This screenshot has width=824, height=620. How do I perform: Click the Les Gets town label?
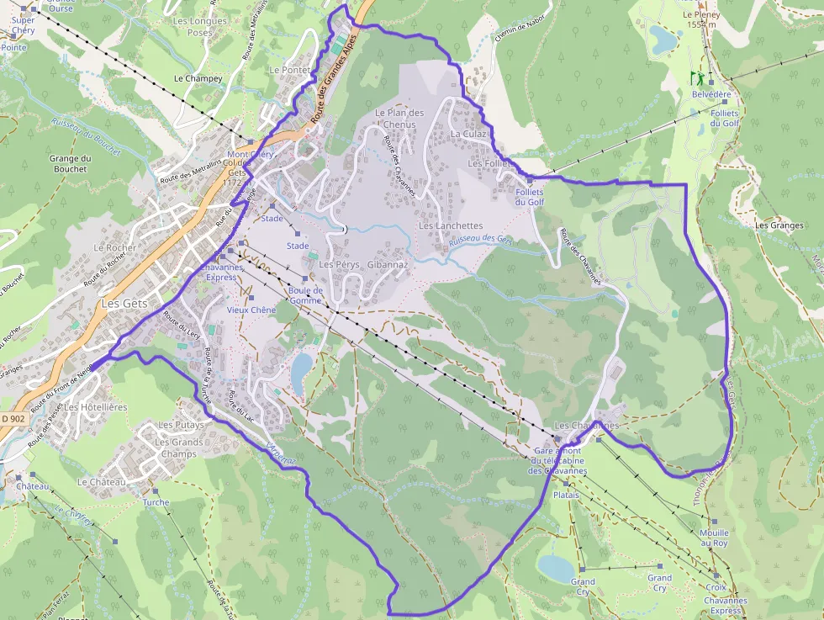pyautogui.click(x=124, y=303)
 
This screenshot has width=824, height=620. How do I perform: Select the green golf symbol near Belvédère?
pyautogui.click(x=696, y=78)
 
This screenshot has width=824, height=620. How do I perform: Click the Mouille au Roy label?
pyautogui.click(x=714, y=538)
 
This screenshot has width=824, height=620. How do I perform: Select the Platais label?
pyautogui.click(x=566, y=495)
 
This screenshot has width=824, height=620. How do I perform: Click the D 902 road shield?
pyautogui.click(x=14, y=417)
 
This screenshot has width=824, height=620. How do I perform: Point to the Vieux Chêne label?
pyautogui.click(x=251, y=310)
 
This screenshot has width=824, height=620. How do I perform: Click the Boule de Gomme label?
pyautogui.click(x=305, y=295)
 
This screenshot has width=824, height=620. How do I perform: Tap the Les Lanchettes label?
pyautogui.click(x=451, y=225)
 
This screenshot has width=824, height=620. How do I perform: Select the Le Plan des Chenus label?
pyautogui.click(x=399, y=118)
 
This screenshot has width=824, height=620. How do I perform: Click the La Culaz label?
pyautogui.click(x=467, y=133)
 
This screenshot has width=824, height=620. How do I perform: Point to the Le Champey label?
pyautogui.click(x=198, y=78)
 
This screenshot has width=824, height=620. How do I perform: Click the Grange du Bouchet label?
pyautogui.click(x=69, y=163)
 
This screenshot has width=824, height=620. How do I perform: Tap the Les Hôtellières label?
pyautogui.click(x=96, y=406)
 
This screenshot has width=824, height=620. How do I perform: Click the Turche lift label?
pyautogui.click(x=156, y=502)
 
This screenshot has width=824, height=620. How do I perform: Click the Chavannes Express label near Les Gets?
pyautogui.click(x=220, y=272)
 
